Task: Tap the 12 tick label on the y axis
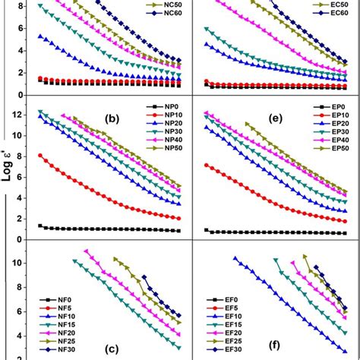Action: click(x=17, y=115)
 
